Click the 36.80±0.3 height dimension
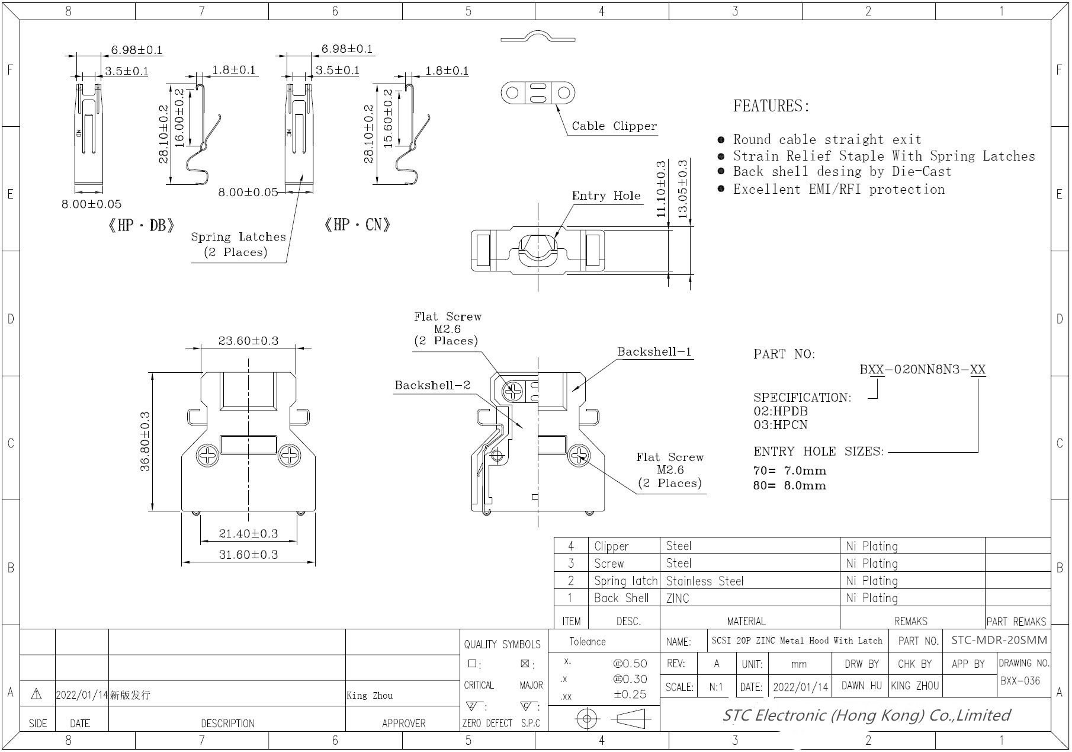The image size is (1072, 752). (145, 441)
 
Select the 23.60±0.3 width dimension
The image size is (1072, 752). (248, 341)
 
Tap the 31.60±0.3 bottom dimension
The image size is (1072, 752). (248, 555)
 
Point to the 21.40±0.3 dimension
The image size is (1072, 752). (248, 533)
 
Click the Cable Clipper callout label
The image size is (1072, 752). (614, 126)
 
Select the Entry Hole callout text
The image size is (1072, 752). (606, 196)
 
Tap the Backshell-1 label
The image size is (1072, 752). (654, 351)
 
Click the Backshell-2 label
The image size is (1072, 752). (432, 385)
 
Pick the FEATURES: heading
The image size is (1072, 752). (771, 106)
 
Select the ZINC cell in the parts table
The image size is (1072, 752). (678, 599)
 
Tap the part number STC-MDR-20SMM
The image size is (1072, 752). (999, 640)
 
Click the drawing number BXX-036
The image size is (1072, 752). (1020, 681)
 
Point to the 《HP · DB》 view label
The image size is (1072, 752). (141, 225)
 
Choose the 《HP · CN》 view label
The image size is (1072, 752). (357, 225)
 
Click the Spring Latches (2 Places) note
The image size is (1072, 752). (237, 244)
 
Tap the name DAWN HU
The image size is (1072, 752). (861, 686)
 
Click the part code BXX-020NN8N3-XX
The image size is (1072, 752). (922, 370)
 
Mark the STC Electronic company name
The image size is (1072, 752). (866, 715)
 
